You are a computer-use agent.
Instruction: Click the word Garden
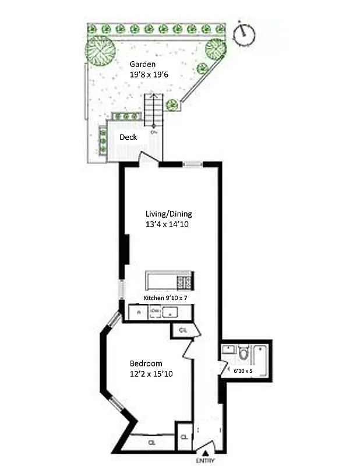pyautogui.click(x=143, y=64)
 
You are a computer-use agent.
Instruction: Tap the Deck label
pyautogui.click(x=128, y=137)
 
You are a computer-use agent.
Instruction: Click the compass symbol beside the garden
pyautogui.click(x=245, y=34)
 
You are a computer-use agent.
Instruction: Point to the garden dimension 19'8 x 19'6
pyautogui.click(x=149, y=75)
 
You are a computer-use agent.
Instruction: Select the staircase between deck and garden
pyautogui.click(x=153, y=111)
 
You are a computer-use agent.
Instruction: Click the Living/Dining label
pyautogui.click(x=168, y=213)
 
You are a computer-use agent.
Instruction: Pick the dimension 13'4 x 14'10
pyautogui.click(x=168, y=224)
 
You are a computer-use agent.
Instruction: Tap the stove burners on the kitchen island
pyautogui.click(x=185, y=282)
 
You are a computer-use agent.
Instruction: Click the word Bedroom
pyautogui.click(x=146, y=363)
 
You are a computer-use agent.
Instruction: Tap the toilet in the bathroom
pyautogui.click(x=243, y=354)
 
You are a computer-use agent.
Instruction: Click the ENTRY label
pyautogui.click(x=204, y=461)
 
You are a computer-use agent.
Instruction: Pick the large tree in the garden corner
pyautogui.click(x=100, y=51)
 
